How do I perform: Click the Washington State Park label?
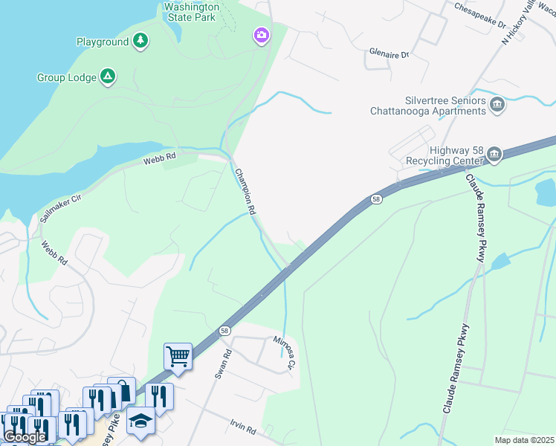pos(194,11)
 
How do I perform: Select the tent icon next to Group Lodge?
pos(108,77)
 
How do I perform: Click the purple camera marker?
pos(261,36)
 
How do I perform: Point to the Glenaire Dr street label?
pos(389,55)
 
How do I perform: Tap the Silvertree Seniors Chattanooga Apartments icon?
pos(498,106)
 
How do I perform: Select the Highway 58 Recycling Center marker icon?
pos(494,155)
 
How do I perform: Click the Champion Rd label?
pos(245,192)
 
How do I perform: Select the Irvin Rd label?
pos(242,430)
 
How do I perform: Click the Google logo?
pos(25,437)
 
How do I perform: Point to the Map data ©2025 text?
pos(524,440)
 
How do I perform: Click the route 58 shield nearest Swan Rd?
pos(224,329)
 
